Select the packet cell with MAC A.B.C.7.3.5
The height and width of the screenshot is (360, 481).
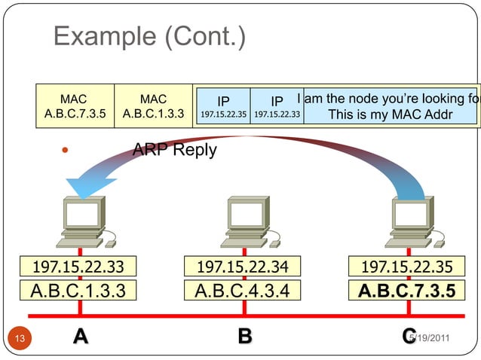point(74,106)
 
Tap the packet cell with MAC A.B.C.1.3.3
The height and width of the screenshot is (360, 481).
point(153,106)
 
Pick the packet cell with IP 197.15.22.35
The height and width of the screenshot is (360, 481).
point(223,108)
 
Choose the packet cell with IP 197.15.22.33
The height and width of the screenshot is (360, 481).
point(277,108)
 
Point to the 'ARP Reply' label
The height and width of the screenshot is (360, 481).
point(174,150)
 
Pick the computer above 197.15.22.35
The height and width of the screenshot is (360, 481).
point(411,223)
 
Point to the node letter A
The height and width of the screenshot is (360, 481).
point(79,337)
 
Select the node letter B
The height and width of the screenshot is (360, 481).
point(244,337)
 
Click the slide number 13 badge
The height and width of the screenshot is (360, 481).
point(20,339)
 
